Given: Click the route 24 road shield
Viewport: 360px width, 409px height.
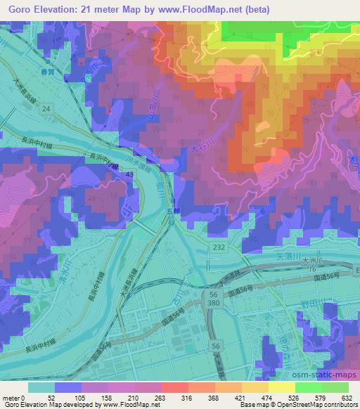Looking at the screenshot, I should point(46,108).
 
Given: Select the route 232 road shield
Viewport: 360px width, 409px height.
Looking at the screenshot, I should point(218,241).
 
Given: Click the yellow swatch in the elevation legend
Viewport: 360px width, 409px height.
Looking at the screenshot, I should point(281,387).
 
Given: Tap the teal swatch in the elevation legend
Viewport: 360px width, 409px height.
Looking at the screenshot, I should point(41,387).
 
